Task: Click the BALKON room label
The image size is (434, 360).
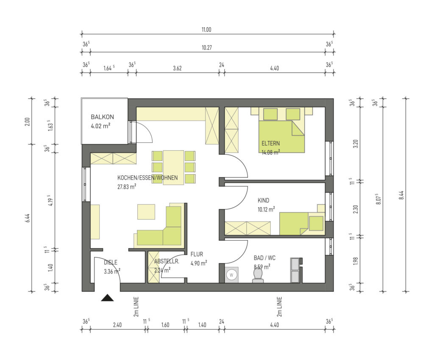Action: coord(102,117)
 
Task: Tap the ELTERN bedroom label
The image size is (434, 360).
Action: coord(270,143)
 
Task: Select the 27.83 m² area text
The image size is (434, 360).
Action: coord(126,187)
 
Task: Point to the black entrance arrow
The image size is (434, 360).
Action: coord(107,298)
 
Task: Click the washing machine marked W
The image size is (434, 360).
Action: coord(231,275)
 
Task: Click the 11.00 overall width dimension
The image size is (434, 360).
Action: coord(206,30)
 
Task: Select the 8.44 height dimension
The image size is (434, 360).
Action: coord(402,196)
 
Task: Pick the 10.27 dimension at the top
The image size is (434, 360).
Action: coord(206,47)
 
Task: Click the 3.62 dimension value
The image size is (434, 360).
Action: coord(177,68)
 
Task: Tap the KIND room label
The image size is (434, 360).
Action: coord(263,200)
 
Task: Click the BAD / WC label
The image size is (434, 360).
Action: coord(264,258)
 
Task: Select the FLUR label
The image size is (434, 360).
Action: coord(197,255)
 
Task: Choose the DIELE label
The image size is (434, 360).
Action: coord(111,263)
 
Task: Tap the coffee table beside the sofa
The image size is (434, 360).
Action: coord(146,212)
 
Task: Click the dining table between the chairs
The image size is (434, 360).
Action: coord(173,167)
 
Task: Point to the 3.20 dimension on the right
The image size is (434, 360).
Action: coord(356,144)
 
